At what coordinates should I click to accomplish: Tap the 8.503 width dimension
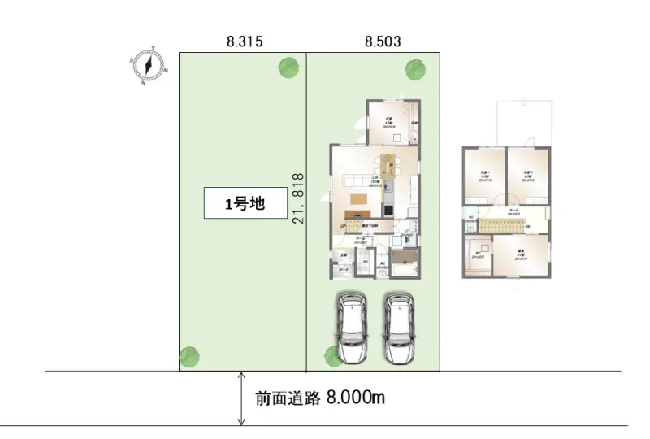point(383,40)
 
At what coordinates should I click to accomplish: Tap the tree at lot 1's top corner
point(286,67)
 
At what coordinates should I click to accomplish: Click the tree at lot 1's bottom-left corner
point(188,356)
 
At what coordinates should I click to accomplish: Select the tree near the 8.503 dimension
point(415,67)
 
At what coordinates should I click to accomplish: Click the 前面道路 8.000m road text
point(319,398)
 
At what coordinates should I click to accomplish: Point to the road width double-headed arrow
point(241,398)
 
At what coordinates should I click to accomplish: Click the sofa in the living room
point(354,180)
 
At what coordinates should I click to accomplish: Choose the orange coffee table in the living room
point(357,198)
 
